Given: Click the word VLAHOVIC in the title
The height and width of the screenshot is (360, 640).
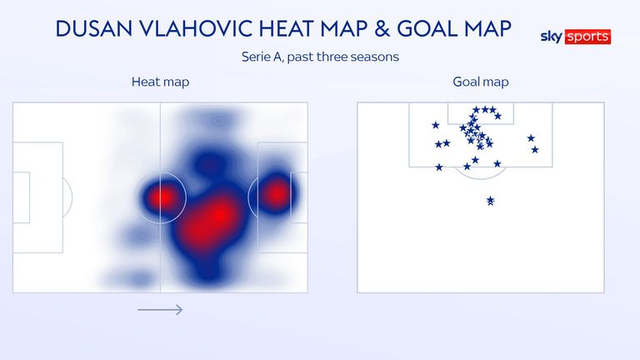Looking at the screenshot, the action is tap(197, 29).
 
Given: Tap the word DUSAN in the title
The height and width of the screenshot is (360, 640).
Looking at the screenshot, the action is tap(94, 29).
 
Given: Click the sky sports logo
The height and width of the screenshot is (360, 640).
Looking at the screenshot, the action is tap(576, 37).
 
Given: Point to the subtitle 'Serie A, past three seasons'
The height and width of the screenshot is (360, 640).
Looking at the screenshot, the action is tap(320, 57).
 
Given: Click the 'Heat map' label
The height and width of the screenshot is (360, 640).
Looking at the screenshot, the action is tap(160, 82).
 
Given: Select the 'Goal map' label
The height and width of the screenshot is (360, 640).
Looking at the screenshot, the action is tap(481, 82).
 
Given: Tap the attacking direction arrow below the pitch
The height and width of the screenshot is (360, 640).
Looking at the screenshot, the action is tap(160, 310).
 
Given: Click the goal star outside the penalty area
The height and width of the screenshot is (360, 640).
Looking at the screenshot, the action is tap(491, 200).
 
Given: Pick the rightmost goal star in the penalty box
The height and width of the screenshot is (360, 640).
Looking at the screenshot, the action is tap(535, 150).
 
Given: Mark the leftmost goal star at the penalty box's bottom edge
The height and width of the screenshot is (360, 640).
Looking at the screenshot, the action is tap(439, 167).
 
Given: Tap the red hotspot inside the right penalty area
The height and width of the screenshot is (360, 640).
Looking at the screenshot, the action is tap(277, 194).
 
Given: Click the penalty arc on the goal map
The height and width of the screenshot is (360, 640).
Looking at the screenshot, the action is tap(481, 177).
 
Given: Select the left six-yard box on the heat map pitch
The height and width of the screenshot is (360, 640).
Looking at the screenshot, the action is tap(22, 197).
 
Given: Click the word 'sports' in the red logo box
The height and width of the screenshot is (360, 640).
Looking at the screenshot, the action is tap(587, 37).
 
